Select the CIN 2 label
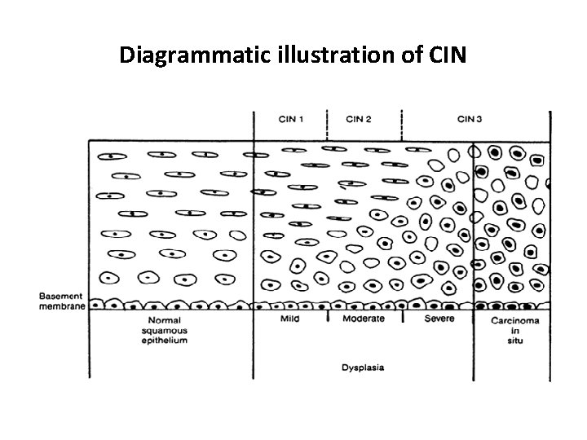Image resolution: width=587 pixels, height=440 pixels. [359, 121]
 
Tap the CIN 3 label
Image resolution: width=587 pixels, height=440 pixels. [469, 121]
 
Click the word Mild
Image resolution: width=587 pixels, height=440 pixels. [291, 319]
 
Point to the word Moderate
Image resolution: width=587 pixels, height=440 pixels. [364, 319]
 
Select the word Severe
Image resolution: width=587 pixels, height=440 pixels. [439, 319]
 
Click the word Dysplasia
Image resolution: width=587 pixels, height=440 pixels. [363, 367]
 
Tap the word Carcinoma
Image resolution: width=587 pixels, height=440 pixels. [514, 320]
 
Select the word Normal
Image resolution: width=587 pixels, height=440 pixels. [166, 320]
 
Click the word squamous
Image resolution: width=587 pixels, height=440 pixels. [166, 330]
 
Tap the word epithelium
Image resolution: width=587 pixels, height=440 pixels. [166, 340]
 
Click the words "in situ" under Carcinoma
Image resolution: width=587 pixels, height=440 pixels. [514, 336]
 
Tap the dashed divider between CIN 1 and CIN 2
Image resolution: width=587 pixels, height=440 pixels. [327, 124]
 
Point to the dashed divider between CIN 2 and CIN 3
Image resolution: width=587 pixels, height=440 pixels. [401, 124]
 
